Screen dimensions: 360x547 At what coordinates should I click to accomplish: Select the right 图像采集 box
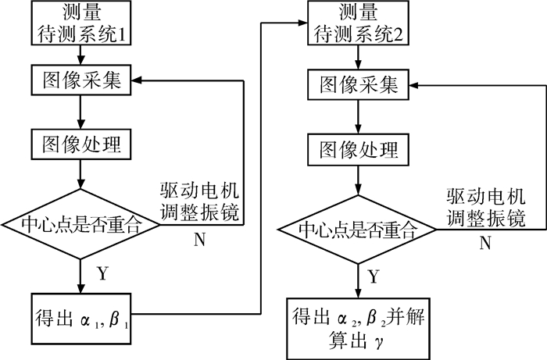(x=357, y=84)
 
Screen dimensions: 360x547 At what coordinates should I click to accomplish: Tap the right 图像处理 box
(x=357, y=148)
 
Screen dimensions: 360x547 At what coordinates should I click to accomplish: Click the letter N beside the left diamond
(x=200, y=239)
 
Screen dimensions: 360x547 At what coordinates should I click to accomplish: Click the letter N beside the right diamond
(x=485, y=244)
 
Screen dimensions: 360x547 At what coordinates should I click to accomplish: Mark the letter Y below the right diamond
(x=374, y=276)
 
